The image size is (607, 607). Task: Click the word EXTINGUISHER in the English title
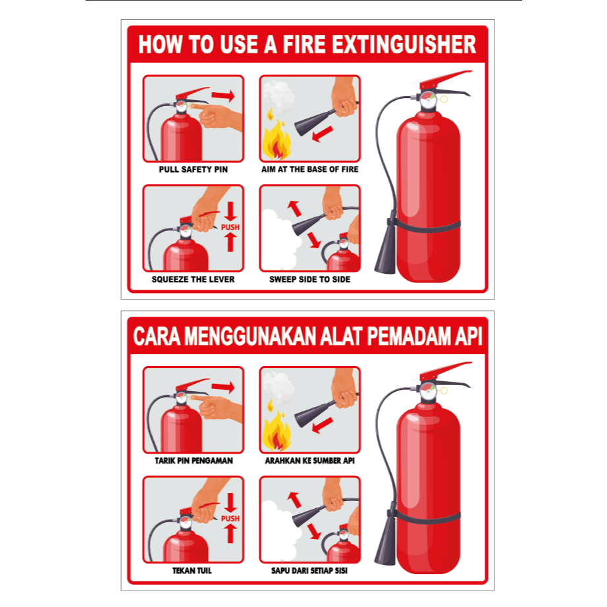pyautogui.click(x=404, y=45)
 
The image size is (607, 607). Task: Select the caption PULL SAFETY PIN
pyautogui.click(x=193, y=169)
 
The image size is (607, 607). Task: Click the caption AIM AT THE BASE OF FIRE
pyautogui.click(x=309, y=169)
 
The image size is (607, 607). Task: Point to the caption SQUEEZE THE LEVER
pyautogui.click(x=193, y=279)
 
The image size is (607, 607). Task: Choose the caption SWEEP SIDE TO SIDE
pyautogui.click(x=309, y=279)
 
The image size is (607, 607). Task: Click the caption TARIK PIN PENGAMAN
pyautogui.click(x=194, y=461)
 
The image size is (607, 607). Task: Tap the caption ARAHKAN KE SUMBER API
pyautogui.click(x=309, y=461)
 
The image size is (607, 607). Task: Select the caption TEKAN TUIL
pyautogui.click(x=192, y=571)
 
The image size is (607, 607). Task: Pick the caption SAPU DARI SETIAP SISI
pyautogui.click(x=309, y=571)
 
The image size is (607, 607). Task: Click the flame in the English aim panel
pyautogui.click(x=276, y=138)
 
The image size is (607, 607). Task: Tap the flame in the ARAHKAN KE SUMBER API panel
pyautogui.click(x=276, y=429)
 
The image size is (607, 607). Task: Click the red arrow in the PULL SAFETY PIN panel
pyautogui.click(x=223, y=95)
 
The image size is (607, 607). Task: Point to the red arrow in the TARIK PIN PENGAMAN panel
pyautogui.click(x=223, y=386)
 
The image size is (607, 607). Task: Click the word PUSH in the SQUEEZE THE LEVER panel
pyautogui.click(x=230, y=227)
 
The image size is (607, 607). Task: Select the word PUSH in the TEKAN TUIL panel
pyautogui.click(x=230, y=519)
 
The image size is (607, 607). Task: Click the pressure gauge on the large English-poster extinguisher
pyautogui.click(x=429, y=100)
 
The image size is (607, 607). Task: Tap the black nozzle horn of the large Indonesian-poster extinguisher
pyautogui.click(x=386, y=538)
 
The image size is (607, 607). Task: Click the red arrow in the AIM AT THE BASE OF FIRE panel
pyautogui.click(x=322, y=134)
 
